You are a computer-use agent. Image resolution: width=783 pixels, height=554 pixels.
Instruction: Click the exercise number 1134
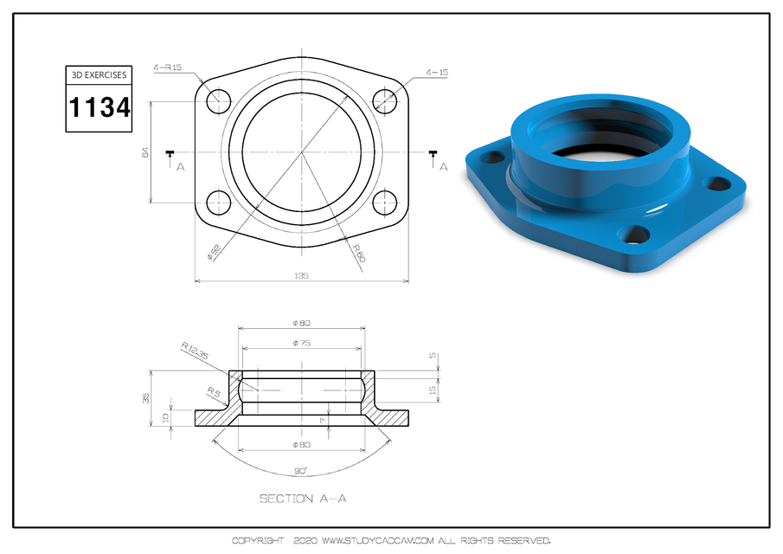(99, 108)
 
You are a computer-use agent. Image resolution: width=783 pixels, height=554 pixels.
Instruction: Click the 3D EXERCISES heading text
(99, 75)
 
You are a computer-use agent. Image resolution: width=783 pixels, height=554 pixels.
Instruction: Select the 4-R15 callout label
(168, 68)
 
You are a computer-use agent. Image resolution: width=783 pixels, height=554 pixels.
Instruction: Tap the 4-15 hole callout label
(437, 73)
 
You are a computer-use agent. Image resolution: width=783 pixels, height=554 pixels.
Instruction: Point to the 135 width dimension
(302, 275)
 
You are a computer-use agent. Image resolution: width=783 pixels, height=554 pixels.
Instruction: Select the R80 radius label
(358, 252)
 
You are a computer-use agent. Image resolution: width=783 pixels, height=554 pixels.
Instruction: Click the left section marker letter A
(180, 166)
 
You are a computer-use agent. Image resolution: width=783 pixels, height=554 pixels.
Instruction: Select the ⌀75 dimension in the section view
(302, 344)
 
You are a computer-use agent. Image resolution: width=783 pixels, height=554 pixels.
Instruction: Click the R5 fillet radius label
(212, 393)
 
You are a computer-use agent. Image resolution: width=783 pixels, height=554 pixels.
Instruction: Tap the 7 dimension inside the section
(322, 420)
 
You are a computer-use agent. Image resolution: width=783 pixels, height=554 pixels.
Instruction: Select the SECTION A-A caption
(303, 499)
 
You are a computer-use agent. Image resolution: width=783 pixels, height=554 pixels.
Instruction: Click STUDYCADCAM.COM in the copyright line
(376, 540)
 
